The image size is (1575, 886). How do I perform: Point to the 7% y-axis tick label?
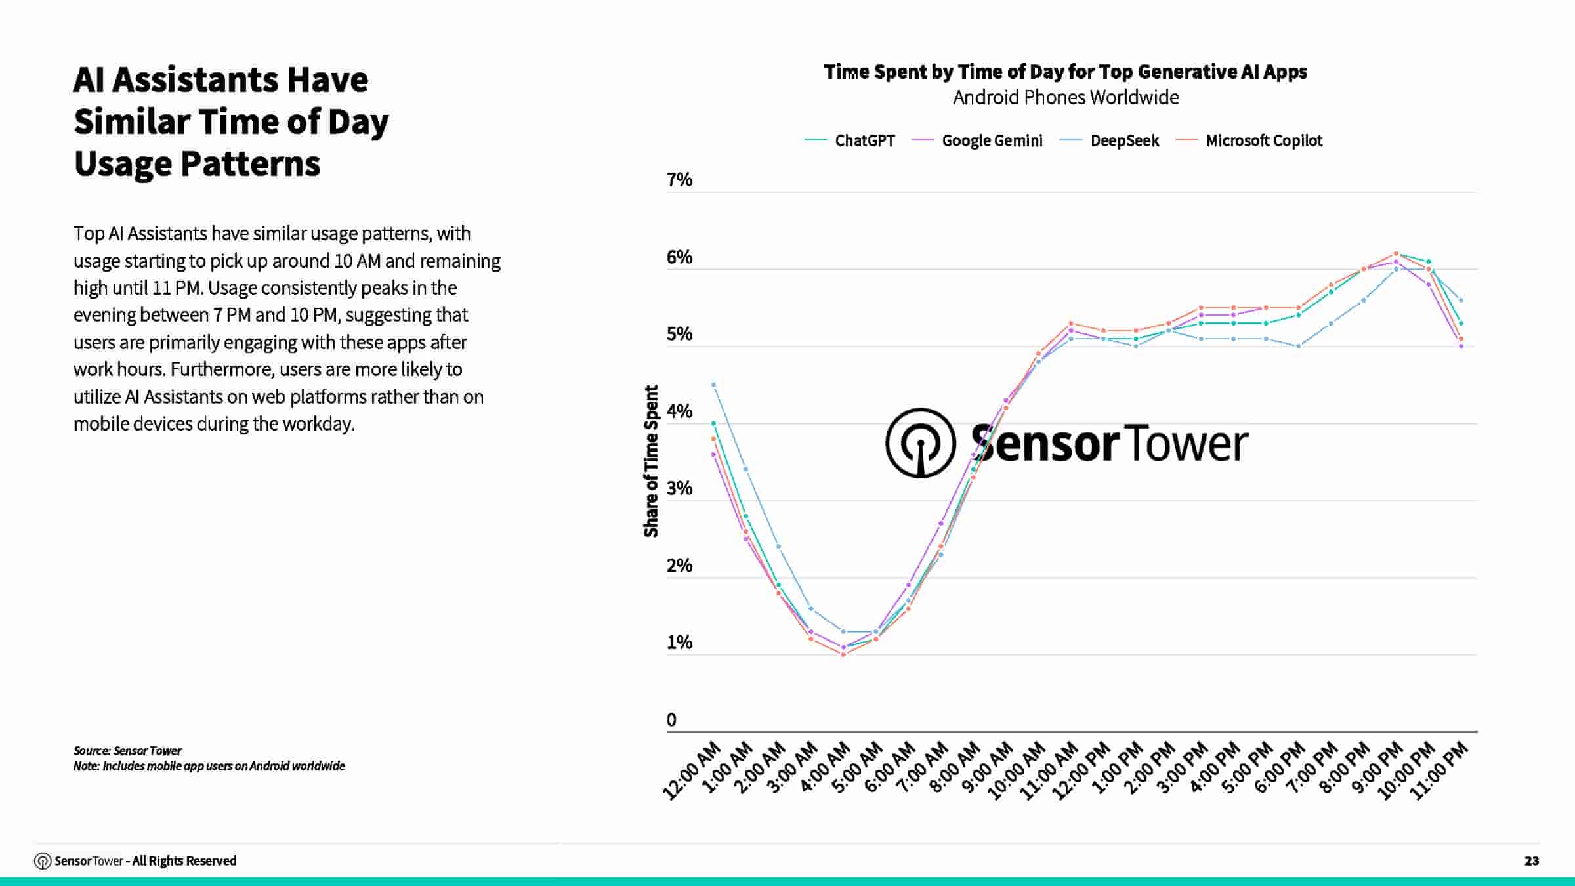(x=679, y=180)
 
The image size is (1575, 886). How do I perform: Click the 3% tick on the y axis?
(x=679, y=488)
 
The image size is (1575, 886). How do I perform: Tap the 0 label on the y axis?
(x=671, y=720)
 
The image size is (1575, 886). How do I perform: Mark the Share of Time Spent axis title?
(x=651, y=461)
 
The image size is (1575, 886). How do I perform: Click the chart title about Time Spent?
(x=1065, y=72)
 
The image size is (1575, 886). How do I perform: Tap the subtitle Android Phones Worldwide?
(x=1065, y=98)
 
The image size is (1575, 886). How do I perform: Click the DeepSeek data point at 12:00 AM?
(x=713, y=385)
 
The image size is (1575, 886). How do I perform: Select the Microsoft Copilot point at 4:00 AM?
(x=843, y=654)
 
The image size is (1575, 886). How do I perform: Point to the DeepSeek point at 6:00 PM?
(x=1298, y=346)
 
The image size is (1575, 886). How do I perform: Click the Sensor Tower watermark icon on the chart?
(x=920, y=443)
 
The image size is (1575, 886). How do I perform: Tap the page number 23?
(x=1532, y=861)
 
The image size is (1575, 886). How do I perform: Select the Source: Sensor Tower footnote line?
(x=127, y=751)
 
